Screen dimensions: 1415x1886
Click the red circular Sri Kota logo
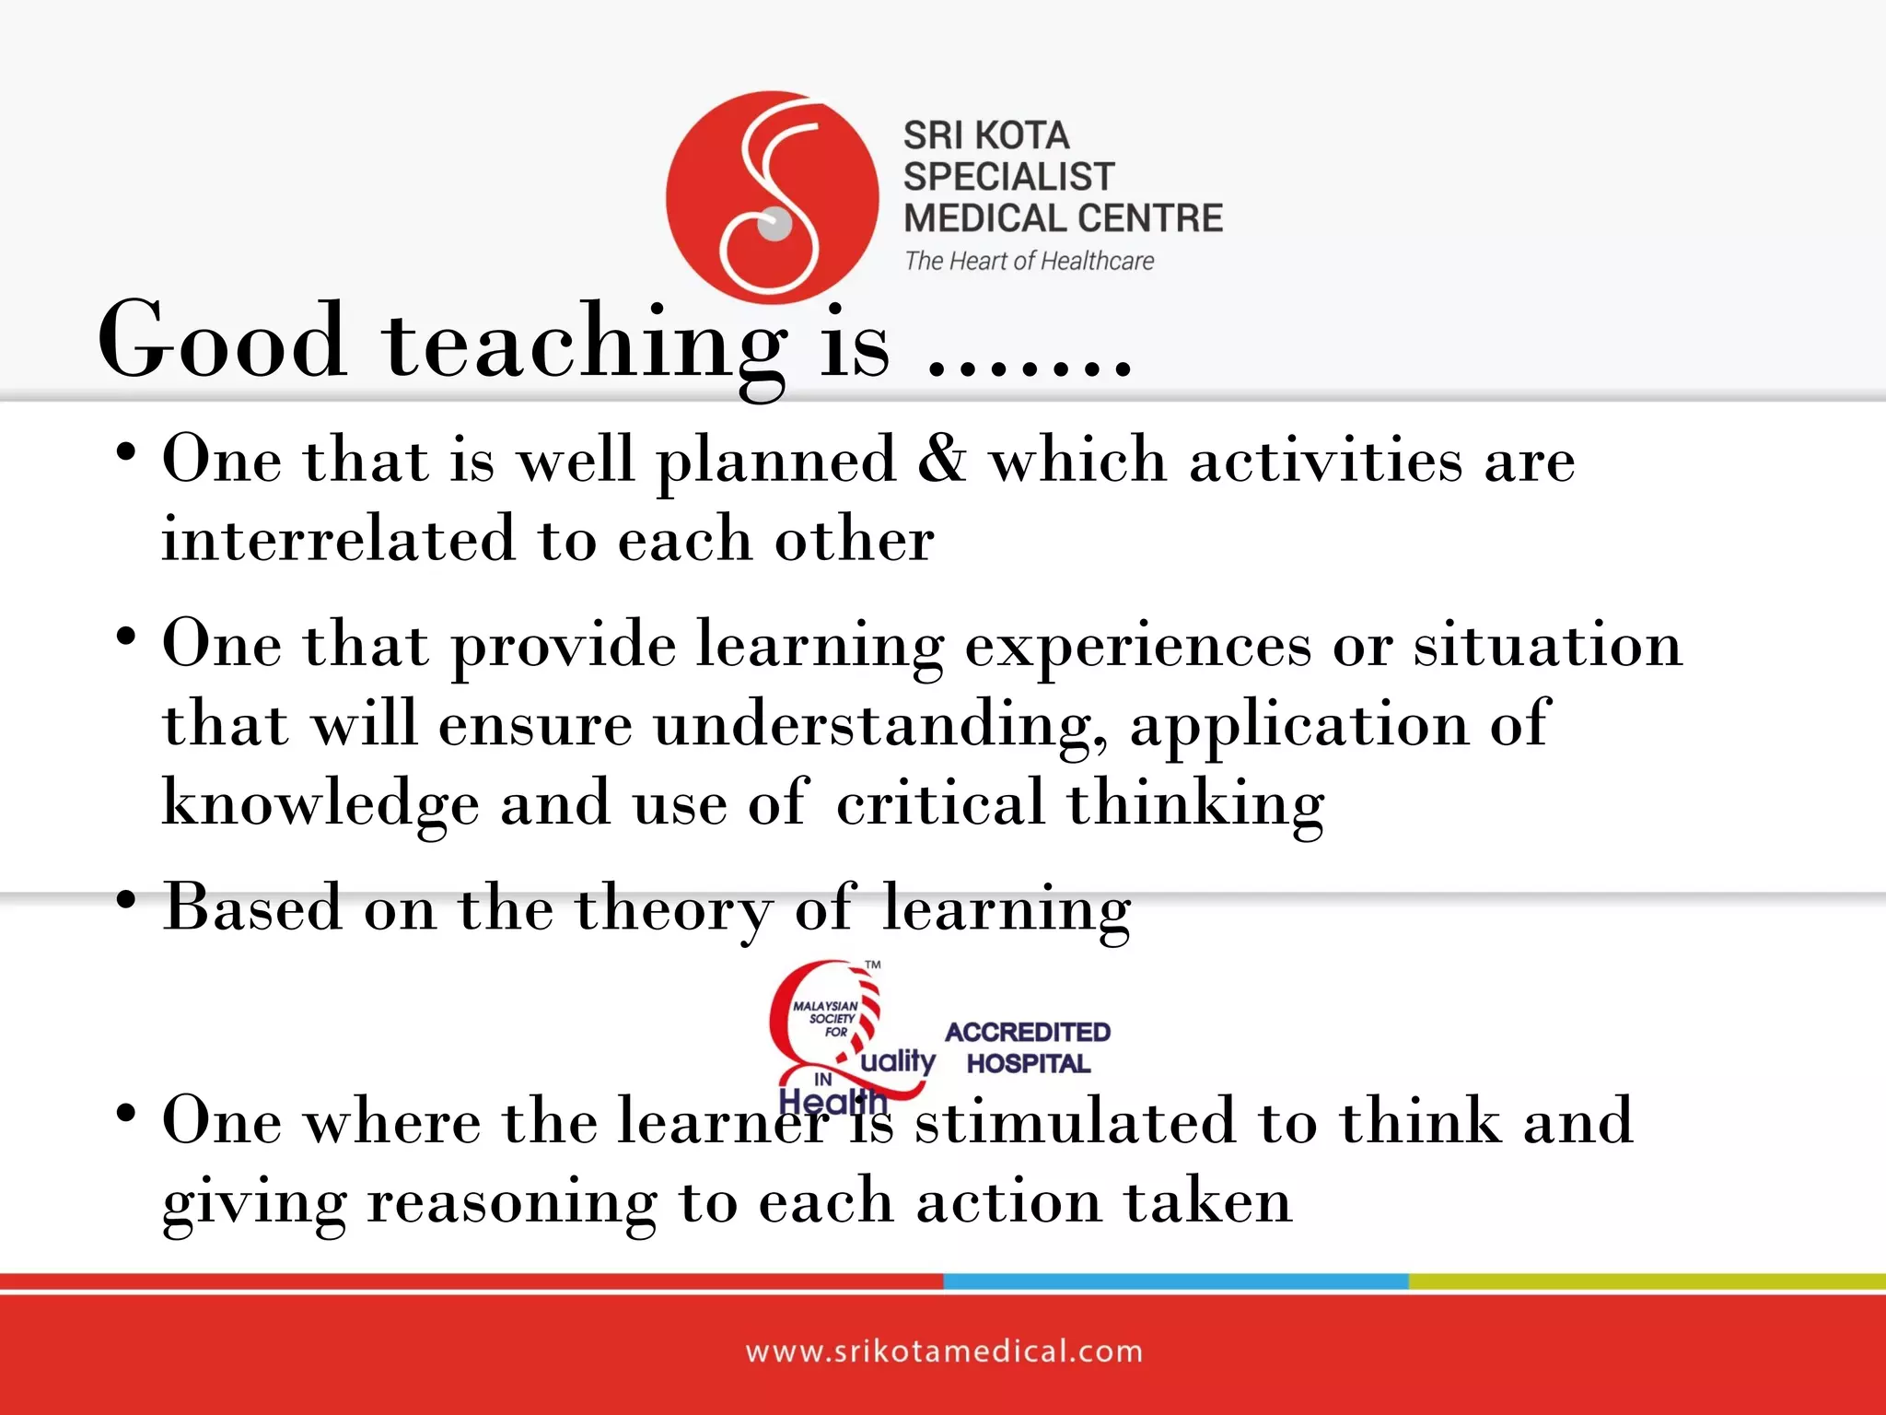pos(772,197)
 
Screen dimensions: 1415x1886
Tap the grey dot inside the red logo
pos(774,224)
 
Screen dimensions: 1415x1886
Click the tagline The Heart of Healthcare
pos(1029,262)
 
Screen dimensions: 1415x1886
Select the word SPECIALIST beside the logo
pos(1008,176)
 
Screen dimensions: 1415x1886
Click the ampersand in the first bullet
pos(941,458)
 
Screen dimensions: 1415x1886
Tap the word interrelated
pos(337,539)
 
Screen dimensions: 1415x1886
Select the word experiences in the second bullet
pos(1138,646)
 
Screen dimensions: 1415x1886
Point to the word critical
pos(940,802)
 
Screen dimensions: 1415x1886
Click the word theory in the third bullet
pos(674,909)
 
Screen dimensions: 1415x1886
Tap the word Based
pos(252,907)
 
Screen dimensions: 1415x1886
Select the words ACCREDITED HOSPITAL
pos(1028,1047)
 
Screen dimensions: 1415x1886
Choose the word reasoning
pos(512,1202)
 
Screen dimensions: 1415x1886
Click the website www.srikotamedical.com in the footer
pos(944,1351)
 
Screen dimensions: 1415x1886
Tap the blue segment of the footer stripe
pos(1175,1281)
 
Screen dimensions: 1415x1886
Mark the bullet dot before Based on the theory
pos(126,901)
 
